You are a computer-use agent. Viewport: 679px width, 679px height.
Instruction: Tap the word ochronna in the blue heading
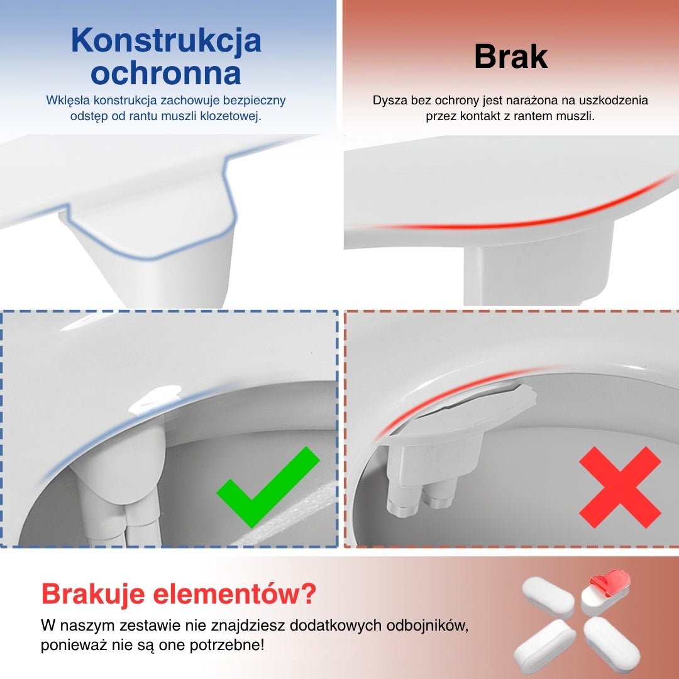166,73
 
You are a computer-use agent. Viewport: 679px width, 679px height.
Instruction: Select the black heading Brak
511,57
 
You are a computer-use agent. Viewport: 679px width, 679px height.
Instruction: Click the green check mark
268,487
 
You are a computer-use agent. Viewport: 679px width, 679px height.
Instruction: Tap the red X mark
620,487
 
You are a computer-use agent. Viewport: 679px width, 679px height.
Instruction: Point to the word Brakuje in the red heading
92,594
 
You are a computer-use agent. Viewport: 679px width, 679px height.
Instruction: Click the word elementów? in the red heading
235,593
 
